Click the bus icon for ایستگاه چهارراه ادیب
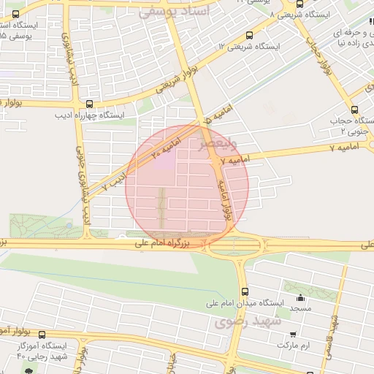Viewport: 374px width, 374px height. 89,104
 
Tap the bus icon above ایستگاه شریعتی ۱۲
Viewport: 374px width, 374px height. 250,35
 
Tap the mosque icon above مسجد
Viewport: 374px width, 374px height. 300,297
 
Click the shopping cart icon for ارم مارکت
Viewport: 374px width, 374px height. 293,333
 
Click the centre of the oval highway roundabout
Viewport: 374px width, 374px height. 234,247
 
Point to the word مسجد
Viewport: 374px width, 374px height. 300,309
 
